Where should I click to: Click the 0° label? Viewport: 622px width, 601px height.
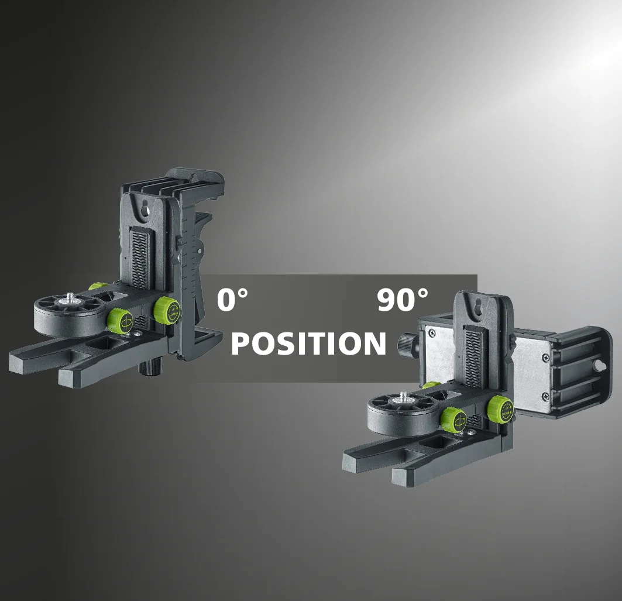(232, 300)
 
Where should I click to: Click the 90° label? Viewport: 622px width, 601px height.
(403, 300)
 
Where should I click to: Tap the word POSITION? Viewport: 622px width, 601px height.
(308, 344)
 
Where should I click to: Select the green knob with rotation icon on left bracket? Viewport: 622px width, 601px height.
(121, 321)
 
